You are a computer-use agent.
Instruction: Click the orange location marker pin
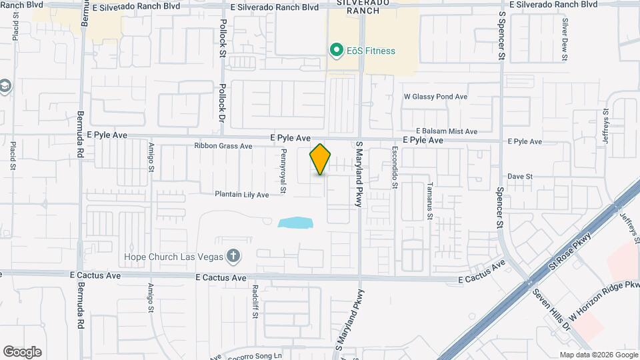321,159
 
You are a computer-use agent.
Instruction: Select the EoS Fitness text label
371,51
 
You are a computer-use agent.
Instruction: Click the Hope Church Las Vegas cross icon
233,255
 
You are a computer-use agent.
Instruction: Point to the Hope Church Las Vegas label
176,257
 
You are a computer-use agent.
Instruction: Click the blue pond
296,222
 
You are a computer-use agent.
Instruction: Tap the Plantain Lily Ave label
241,195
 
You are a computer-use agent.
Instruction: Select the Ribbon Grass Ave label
223,146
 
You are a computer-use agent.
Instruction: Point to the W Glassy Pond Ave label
436,97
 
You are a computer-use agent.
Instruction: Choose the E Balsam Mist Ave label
447,131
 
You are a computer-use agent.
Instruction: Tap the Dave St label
519,177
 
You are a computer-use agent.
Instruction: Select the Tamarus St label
430,201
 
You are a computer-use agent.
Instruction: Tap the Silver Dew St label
565,40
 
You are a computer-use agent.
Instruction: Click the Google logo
22,351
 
